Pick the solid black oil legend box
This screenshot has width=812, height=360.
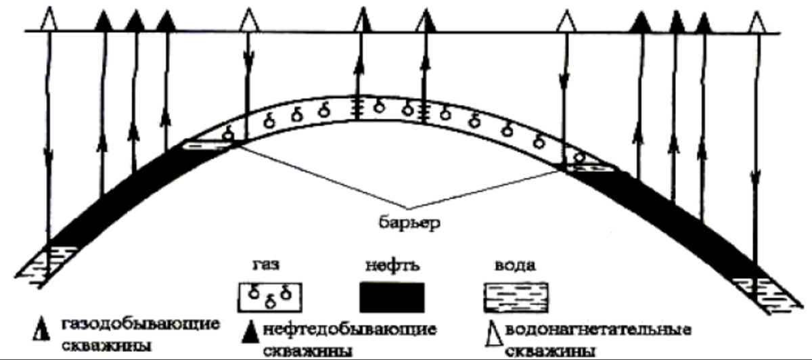click(391, 296)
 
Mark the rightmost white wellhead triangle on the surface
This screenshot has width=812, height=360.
click(756, 20)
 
